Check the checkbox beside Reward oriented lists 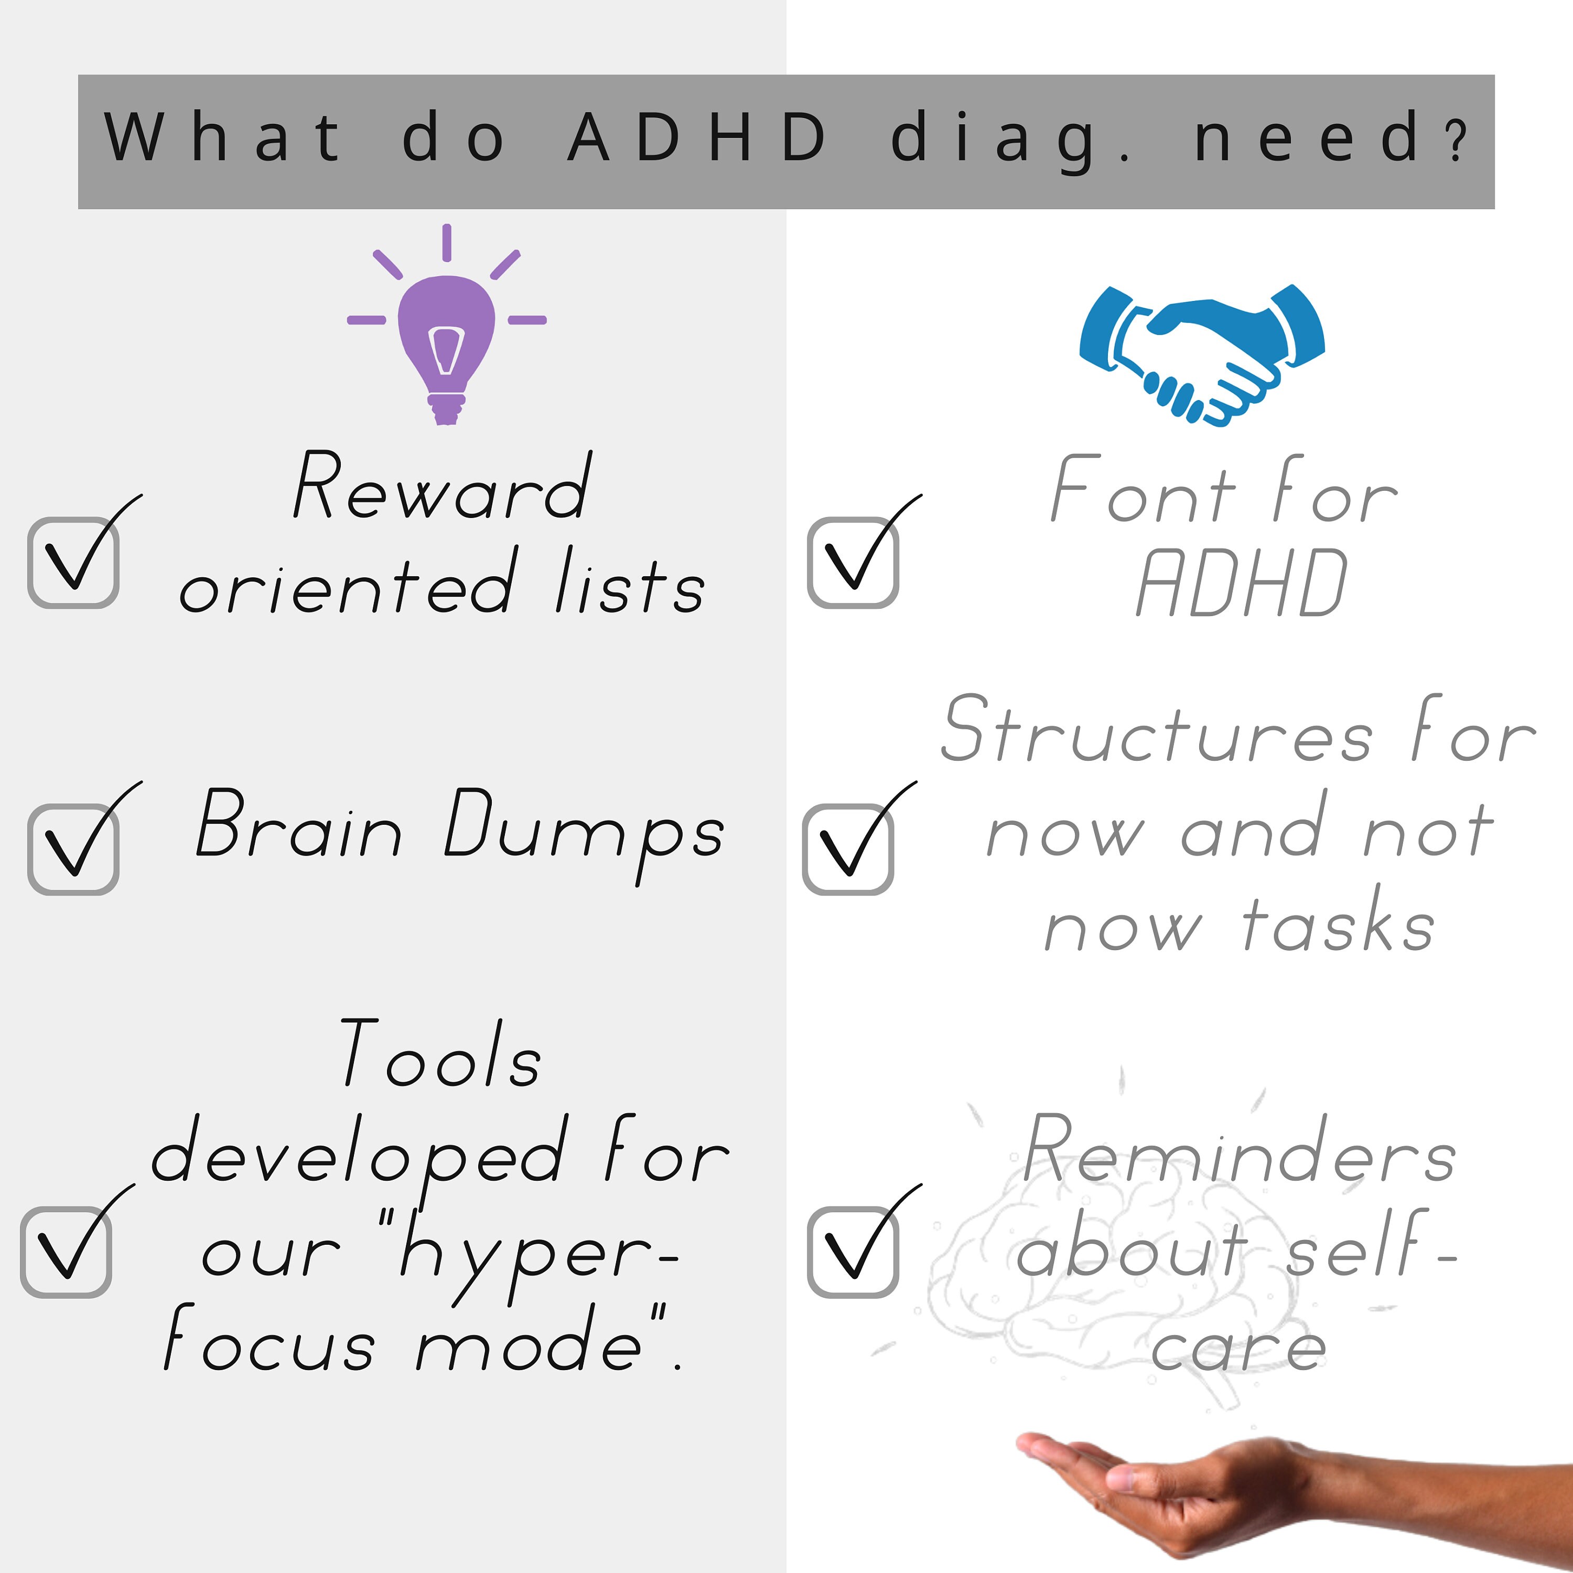pos(73,562)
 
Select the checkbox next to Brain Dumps pos(73,849)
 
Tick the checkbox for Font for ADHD pos(853,562)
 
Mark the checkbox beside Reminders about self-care pos(853,1252)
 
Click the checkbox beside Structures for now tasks pos(847,849)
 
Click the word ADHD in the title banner pos(697,137)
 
